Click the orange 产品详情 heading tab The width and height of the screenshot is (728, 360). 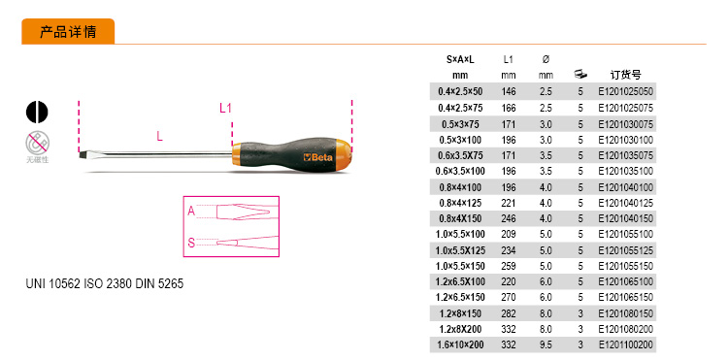click(68, 32)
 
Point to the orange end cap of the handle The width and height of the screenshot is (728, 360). click(344, 152)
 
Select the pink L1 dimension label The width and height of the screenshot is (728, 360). click(225, 109)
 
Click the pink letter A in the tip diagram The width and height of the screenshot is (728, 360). click(191, 212)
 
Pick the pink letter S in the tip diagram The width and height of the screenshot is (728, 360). click(191, 243)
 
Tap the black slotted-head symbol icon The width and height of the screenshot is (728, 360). click(37, 112)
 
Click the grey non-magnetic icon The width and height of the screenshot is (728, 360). click(37, 143)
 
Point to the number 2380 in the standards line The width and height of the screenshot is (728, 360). click(119, 283)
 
